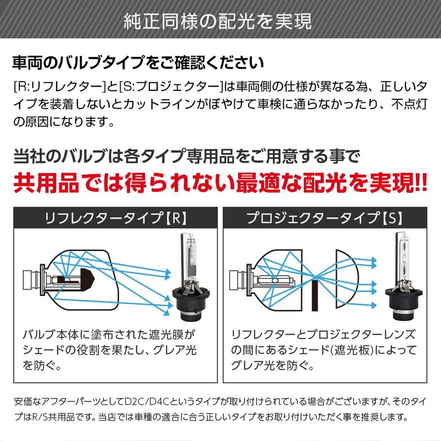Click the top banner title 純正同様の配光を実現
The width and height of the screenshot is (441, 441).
(x=220, y=20)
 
